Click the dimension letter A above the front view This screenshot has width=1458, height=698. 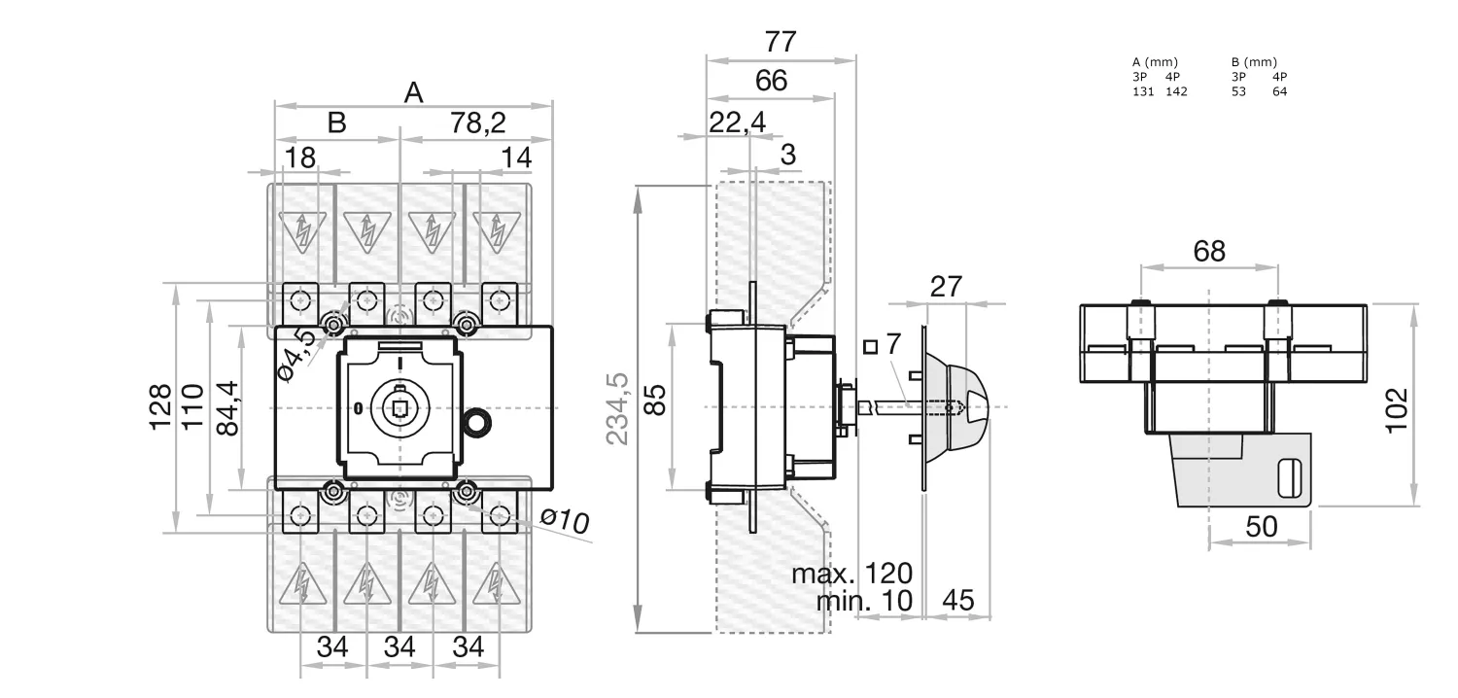point(414,92)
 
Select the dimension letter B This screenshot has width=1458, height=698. point(336,123)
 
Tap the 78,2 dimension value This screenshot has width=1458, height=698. point(478,123)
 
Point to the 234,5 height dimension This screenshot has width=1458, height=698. point(618,408)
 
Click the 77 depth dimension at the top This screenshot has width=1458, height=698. point(781,42)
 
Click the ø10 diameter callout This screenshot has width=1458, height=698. point(566,521)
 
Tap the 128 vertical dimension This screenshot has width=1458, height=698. point(160,406)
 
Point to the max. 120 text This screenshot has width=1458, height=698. point(852,573)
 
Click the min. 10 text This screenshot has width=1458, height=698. point(864,601)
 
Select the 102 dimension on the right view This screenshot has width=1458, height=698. point(1396,409)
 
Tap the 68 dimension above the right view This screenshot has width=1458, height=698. point(1209,252)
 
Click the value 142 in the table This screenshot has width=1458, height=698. point(1176,91)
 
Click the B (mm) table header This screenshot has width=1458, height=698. point(1254,62)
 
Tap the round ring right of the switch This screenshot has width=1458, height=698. point(476,422)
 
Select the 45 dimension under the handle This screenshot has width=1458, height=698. point(958,601)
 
